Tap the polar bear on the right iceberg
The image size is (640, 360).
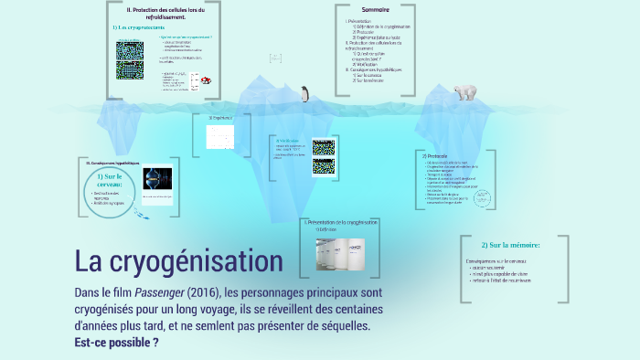466,90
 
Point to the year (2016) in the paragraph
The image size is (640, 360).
202,293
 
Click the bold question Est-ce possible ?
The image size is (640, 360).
116,343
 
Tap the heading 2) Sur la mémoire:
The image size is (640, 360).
510,245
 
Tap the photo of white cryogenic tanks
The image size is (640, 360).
341,252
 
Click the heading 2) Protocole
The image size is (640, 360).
436,156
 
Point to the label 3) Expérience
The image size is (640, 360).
220,117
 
